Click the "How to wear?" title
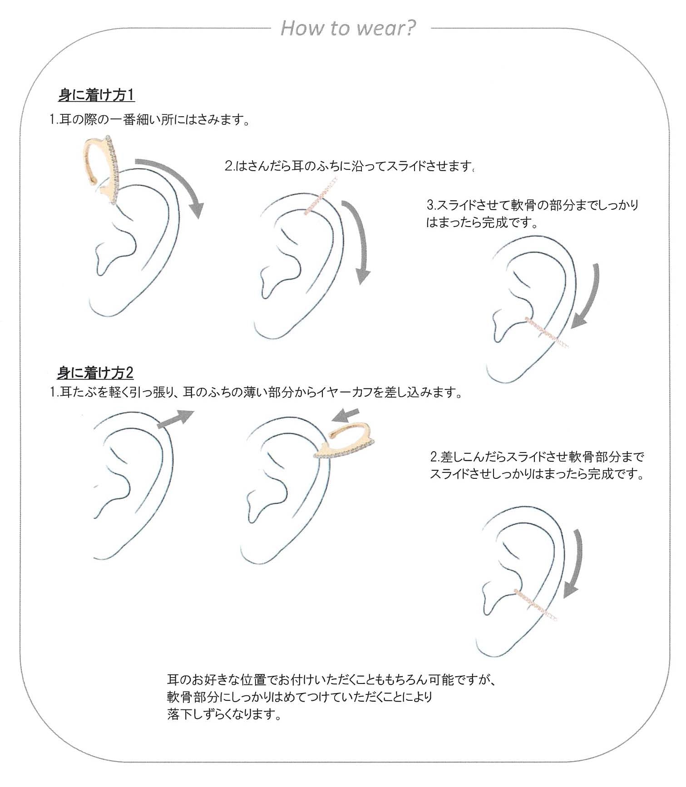[348, 28]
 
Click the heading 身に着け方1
[97, 95]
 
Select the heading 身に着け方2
[95, 373]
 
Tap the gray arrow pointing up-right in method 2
[175, 418]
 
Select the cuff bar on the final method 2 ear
[536, 604]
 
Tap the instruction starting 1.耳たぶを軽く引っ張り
[257, 392]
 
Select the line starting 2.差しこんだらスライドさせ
[537, 456]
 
